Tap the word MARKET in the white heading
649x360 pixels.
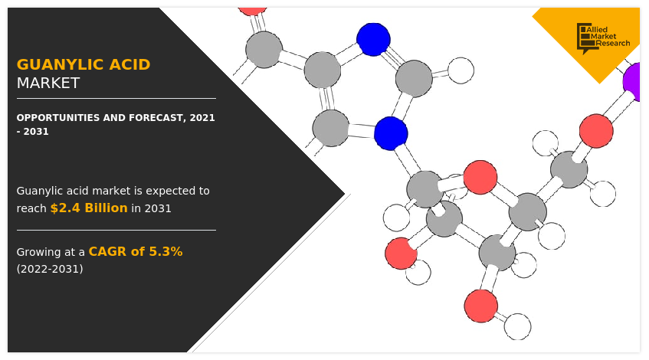tap(48, 83)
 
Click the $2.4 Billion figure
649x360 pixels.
tap(89, 208)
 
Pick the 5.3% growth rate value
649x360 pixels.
tap(166, 251)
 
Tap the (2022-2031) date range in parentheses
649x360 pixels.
tap(50, 269)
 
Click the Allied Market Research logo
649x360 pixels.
tap(603, 37)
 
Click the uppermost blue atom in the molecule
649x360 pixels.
tap(373, 39)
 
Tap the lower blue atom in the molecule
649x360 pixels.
tap(391, 133)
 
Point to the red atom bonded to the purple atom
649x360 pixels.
tap(596, 131)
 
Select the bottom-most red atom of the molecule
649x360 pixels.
tap(481, 306)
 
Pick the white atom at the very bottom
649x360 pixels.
tap(517, 327)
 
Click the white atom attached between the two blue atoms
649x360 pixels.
tap(461, 70)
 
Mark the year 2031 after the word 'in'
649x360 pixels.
tap(157, 208)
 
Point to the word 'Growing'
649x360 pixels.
tap(40, 252)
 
